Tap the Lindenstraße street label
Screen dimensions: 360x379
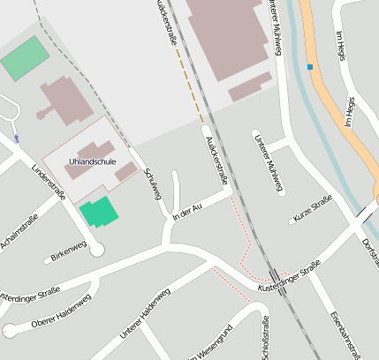click(49, 184)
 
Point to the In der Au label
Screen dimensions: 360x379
click(189, 210)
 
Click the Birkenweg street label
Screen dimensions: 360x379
click(68, 254)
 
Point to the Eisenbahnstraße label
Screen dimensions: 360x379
click(347, 335)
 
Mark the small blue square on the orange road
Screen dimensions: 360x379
click(310, 66)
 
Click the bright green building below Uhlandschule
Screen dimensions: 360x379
click(97, 213)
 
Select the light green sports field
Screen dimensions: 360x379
click(25, 58)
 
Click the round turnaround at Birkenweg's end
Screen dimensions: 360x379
click(96, 250)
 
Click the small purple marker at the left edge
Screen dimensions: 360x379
click(16, 139)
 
